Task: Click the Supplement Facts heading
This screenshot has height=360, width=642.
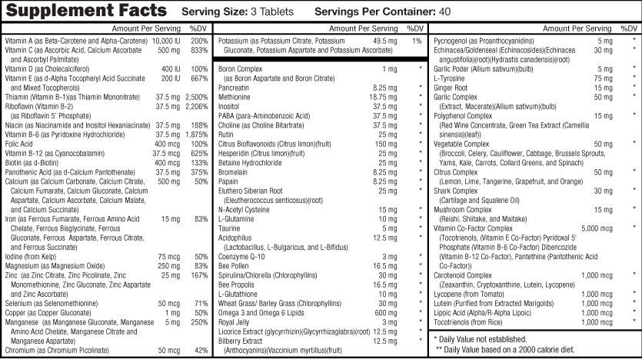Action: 86,10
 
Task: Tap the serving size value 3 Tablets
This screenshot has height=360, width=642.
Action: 272,12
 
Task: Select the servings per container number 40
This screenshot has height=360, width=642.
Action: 444,12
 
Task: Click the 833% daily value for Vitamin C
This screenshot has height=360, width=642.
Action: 199,50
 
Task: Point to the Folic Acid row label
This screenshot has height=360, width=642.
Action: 18,144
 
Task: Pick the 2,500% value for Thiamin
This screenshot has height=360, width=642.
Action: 197,97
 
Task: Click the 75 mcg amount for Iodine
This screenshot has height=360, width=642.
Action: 169,257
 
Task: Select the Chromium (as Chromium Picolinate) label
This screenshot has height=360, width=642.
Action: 57,351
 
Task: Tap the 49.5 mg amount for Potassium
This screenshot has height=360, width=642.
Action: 385,41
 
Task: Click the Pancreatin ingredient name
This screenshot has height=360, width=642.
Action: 234,88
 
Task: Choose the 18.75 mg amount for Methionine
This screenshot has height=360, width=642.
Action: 383,97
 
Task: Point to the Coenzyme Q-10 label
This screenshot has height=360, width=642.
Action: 241,257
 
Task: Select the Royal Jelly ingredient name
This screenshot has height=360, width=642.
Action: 234,322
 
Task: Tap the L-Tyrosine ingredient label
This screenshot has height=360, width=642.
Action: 449,78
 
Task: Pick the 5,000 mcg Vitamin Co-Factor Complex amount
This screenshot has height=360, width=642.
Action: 597,228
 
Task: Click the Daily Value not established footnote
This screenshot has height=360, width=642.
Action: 481,339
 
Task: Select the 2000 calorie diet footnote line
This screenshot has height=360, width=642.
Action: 505,350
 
